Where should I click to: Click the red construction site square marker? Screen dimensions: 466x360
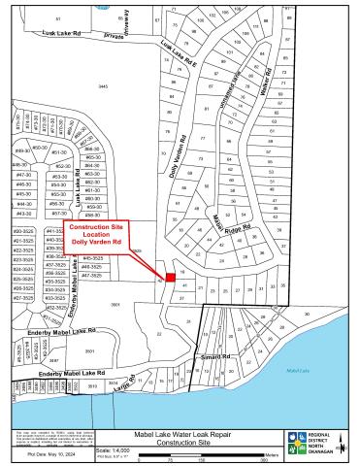click(171, 277)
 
